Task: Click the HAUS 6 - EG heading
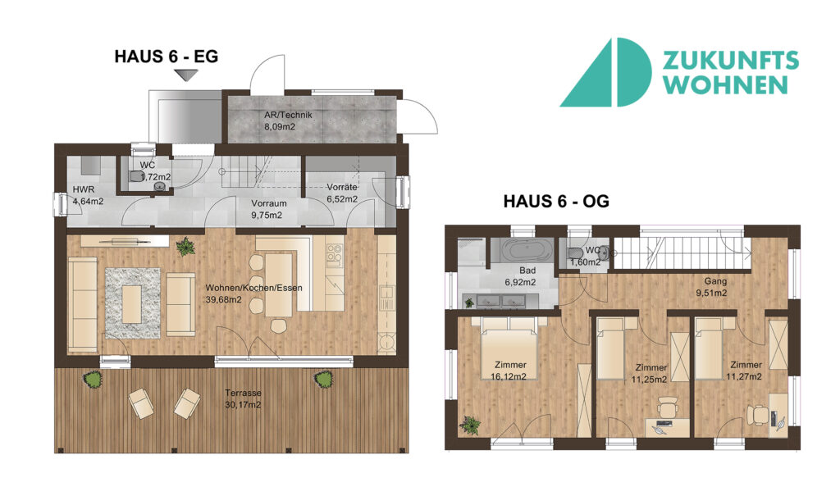(x=166, y=57)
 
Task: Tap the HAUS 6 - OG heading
(x=556, y=201)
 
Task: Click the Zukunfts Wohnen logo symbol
(x=605, y=72)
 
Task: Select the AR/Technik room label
(x=288, y=115)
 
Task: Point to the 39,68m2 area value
(x=223, y=299)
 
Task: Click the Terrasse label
(x=243, y=394)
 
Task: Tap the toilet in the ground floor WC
(x=137, y=176)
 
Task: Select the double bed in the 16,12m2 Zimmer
(x=509, y=348)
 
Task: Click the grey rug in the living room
(x=132, y=303)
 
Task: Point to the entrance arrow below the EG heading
(x=186, y=75)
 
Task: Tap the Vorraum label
(x=269, y=203)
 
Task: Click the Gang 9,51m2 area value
(x=711, y=293)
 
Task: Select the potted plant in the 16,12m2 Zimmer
(x=469, y=425)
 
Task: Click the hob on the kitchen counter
(x=334, y=256)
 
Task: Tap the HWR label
(x=84, y=189)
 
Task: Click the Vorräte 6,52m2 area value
(x=342, y=199)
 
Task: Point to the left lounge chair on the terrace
(x=140, y=403)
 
